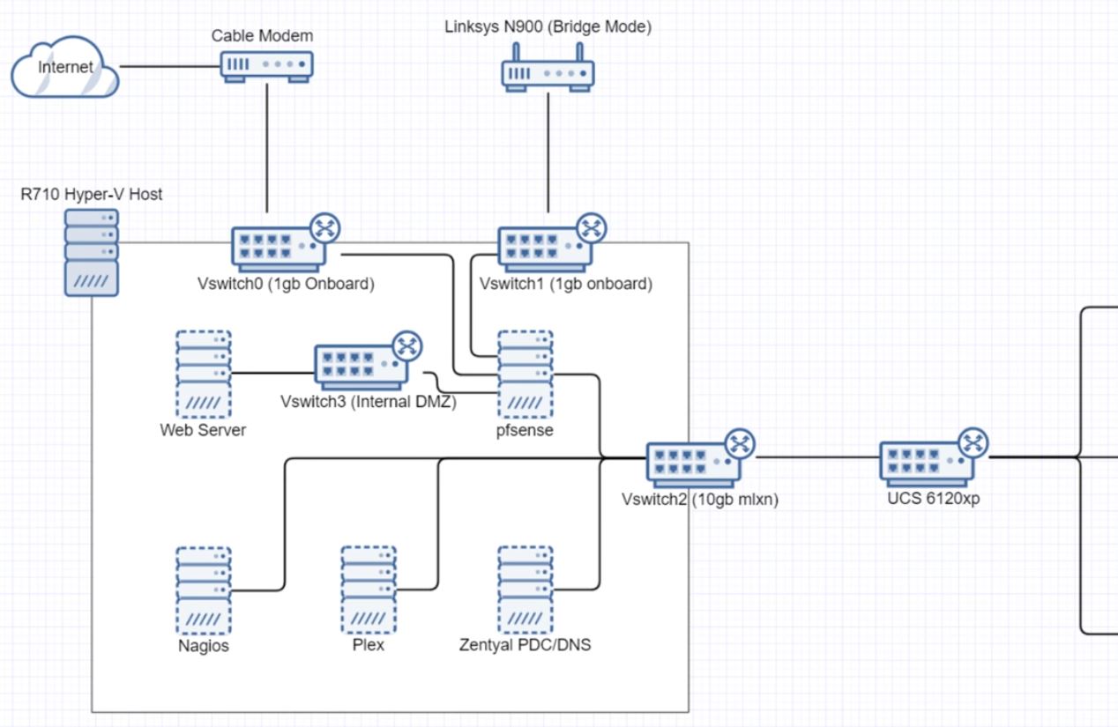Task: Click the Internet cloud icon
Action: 65,68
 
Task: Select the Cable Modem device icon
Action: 265,66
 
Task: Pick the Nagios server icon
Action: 204,590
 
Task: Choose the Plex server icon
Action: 369,590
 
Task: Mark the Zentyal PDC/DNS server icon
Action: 525,590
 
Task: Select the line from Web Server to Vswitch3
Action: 273,373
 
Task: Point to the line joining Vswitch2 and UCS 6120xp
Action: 816,458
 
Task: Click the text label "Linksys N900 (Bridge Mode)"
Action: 548,27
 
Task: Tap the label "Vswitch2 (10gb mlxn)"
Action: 700,500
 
